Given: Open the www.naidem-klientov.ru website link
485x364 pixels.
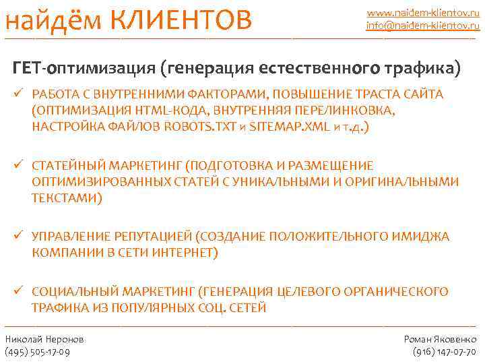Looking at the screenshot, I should point(422,12).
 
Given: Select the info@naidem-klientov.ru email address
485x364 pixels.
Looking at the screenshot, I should point(422,26).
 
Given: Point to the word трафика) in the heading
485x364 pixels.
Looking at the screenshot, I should point(424,68).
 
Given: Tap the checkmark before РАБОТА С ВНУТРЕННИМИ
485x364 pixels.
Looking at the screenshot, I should point(19,94).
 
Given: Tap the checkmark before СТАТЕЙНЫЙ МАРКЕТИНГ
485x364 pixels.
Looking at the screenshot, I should point(19,166).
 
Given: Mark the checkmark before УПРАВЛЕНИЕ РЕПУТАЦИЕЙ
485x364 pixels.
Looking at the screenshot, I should point(19,237).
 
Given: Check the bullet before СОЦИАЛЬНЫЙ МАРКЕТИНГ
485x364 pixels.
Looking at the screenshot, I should point(19,291).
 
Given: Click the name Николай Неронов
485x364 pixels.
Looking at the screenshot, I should point(44,339).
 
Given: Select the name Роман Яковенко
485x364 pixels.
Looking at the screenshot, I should point(440,339).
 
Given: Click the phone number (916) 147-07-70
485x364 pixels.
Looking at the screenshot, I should point(444,352).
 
